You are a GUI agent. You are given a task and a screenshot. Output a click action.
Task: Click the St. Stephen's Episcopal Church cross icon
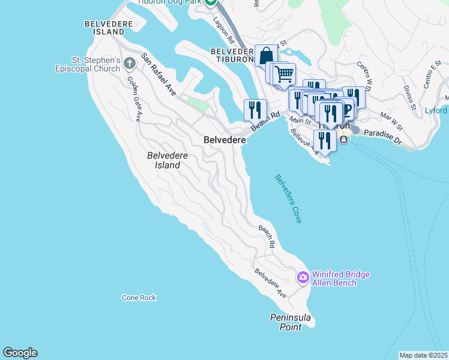click(x=129, y=62)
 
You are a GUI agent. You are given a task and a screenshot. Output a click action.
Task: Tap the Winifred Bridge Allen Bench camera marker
click(x=303, y=277)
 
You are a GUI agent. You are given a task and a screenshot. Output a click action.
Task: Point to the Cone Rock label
click(x=139, y=298)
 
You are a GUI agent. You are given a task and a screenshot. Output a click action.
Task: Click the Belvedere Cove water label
click(x=288, y=199)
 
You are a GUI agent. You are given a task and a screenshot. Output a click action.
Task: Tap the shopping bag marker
click(x=266, y=55)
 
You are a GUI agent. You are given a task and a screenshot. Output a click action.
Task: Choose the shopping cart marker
click(x=284, y=74)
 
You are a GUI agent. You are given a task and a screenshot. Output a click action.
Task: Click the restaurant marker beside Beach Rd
click(x=255, y=110)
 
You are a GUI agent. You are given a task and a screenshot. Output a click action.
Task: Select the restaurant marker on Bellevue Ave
click(x=325, y=141)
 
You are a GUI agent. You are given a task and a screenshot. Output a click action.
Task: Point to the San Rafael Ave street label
click(x=158, y=75)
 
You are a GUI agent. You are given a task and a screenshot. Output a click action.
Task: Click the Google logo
click(x=20, y=353)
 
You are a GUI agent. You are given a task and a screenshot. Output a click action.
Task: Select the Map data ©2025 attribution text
click(x=423, y=355)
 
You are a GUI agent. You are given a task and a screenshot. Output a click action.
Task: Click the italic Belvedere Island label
click(x=167, y=160)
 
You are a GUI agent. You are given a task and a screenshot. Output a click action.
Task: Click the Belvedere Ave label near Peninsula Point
click(x=271, y=283)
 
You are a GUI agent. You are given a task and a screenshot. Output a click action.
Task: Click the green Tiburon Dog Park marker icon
click(x=211, y=3)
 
